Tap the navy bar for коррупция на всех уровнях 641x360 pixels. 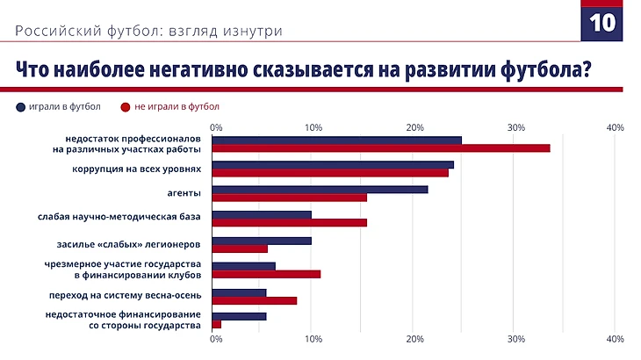point(333,164)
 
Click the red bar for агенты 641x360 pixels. point(290,197)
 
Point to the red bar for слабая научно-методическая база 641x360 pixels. point(290,222)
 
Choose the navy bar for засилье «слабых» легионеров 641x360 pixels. point(262,241)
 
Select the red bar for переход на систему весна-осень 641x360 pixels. point(255,300)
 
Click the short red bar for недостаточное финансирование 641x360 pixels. point(216,324)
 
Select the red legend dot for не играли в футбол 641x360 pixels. point(126,107)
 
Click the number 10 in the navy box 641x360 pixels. point(601,23)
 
